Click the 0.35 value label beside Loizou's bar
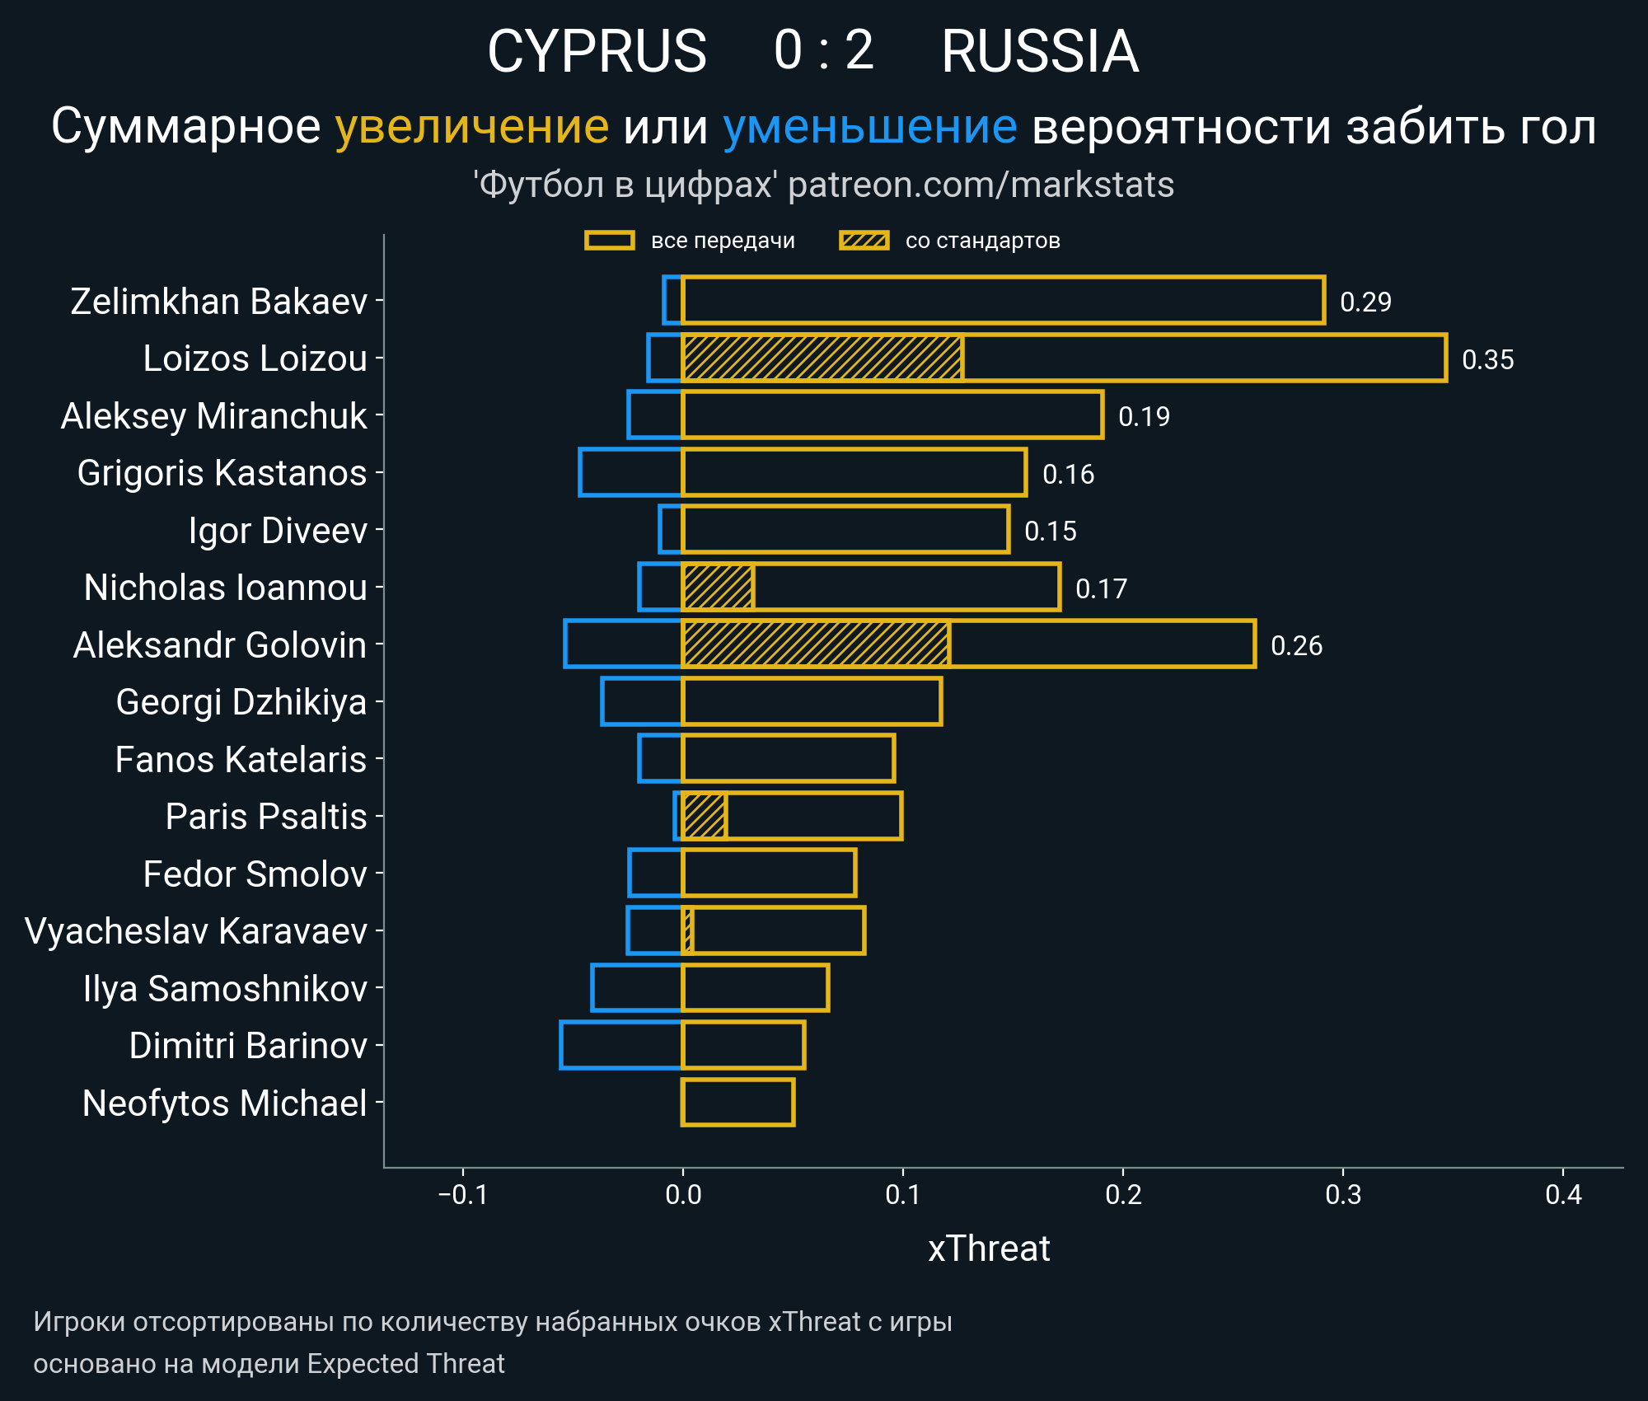[x=1487, y=359]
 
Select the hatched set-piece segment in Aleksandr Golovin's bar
[x=816, y=644]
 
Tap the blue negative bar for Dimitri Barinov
[x=621, y=1045]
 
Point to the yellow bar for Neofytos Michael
[x=737, y=1102]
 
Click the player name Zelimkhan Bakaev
[x=218, y=302]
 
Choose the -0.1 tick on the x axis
[x=462, y=1194]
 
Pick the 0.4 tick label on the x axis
[x=1563, y=1194]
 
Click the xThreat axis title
[x=989, y=1249]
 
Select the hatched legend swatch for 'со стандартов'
[x=864, y=241]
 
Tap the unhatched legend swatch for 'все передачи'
[x=609, y=241]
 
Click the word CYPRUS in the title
[x=597, y=51]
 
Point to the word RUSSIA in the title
[x=1040, y=51]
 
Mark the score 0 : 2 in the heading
[x=823, y=51]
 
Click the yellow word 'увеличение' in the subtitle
[x=471, y=127]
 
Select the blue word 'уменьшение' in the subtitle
[x=869, y=127]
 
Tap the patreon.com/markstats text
[x=981, y=185]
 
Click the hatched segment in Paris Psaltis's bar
[x=705, y=816]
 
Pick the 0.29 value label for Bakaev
[x=1365, y=302]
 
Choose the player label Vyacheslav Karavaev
[x=196, y=931]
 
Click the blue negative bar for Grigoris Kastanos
[x=630, y=472]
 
